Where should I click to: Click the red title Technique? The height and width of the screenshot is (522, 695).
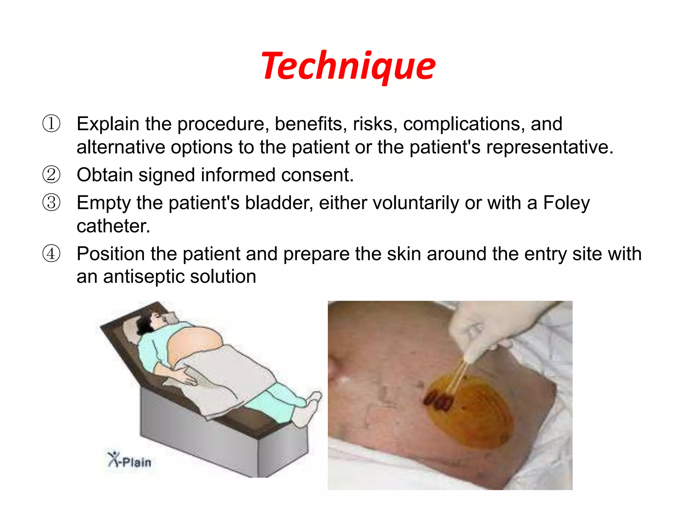[x=348, y=66]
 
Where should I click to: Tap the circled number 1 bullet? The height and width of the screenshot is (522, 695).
[x=51, y=124]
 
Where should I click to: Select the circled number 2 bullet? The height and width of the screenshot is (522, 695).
[x=51, y=175]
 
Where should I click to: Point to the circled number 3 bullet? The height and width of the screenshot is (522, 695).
[x=51, y=203]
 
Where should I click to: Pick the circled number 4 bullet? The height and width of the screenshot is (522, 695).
[x=51, y=254]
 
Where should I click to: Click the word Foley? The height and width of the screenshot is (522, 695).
[x=566, y=203]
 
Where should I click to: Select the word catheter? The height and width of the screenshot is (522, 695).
[x=113, y=226]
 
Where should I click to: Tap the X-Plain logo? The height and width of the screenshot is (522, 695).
[x=130, y=460]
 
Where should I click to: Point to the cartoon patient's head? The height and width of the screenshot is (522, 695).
[x=153, y=321]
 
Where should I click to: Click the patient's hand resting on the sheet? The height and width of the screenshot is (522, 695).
[x=185, y=376]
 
